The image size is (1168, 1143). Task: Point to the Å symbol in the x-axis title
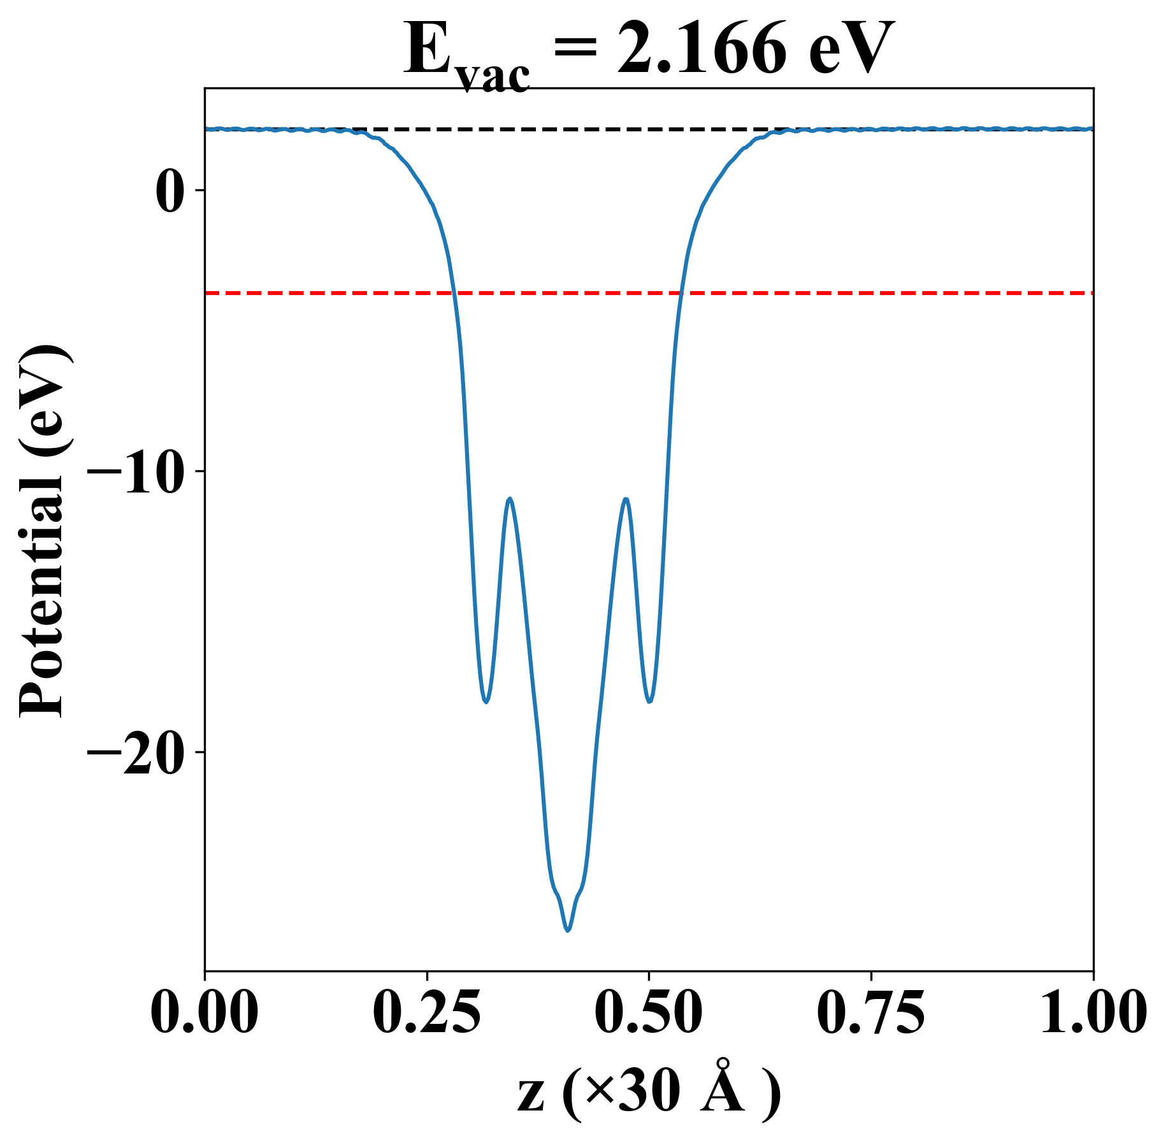tap(722, 1090)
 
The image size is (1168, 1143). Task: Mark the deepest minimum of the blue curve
tap(568, 930)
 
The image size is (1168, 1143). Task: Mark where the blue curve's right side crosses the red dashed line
tap(681, 293)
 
